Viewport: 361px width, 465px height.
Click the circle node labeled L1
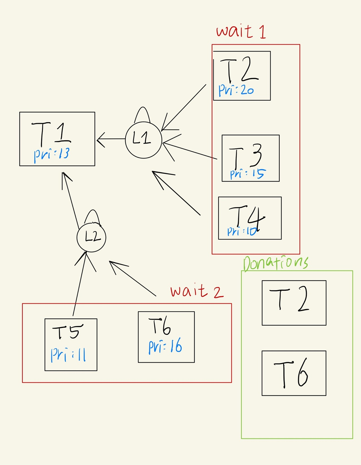(143, 140)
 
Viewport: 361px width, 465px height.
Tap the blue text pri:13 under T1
(52, 154)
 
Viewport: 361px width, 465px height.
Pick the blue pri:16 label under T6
(165, 346)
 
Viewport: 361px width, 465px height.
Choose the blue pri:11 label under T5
(68, 354)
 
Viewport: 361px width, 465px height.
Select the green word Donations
(276, 263)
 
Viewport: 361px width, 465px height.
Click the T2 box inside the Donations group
(294, 303)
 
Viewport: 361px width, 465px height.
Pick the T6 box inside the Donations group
(294, 373)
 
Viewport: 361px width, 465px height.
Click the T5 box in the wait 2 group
(71, 345)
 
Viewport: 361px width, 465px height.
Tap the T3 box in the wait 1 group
(250, 158)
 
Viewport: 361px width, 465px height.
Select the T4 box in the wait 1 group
(250, 218)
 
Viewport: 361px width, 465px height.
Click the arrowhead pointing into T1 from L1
(100, 139)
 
